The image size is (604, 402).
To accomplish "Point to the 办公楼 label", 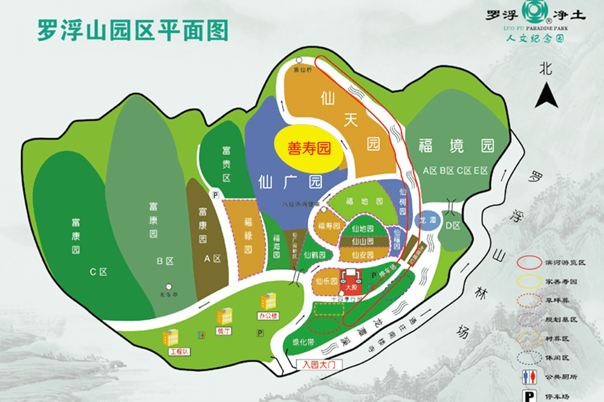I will [x=268, y=316].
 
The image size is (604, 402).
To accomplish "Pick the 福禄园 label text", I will [x=248, y=236].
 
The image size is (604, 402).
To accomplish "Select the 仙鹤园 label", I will [x=315, y=255].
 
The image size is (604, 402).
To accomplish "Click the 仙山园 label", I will [x=363, y=242].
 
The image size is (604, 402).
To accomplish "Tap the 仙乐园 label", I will [x=326, y=282].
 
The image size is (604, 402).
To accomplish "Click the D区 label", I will [x=452, y=226].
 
